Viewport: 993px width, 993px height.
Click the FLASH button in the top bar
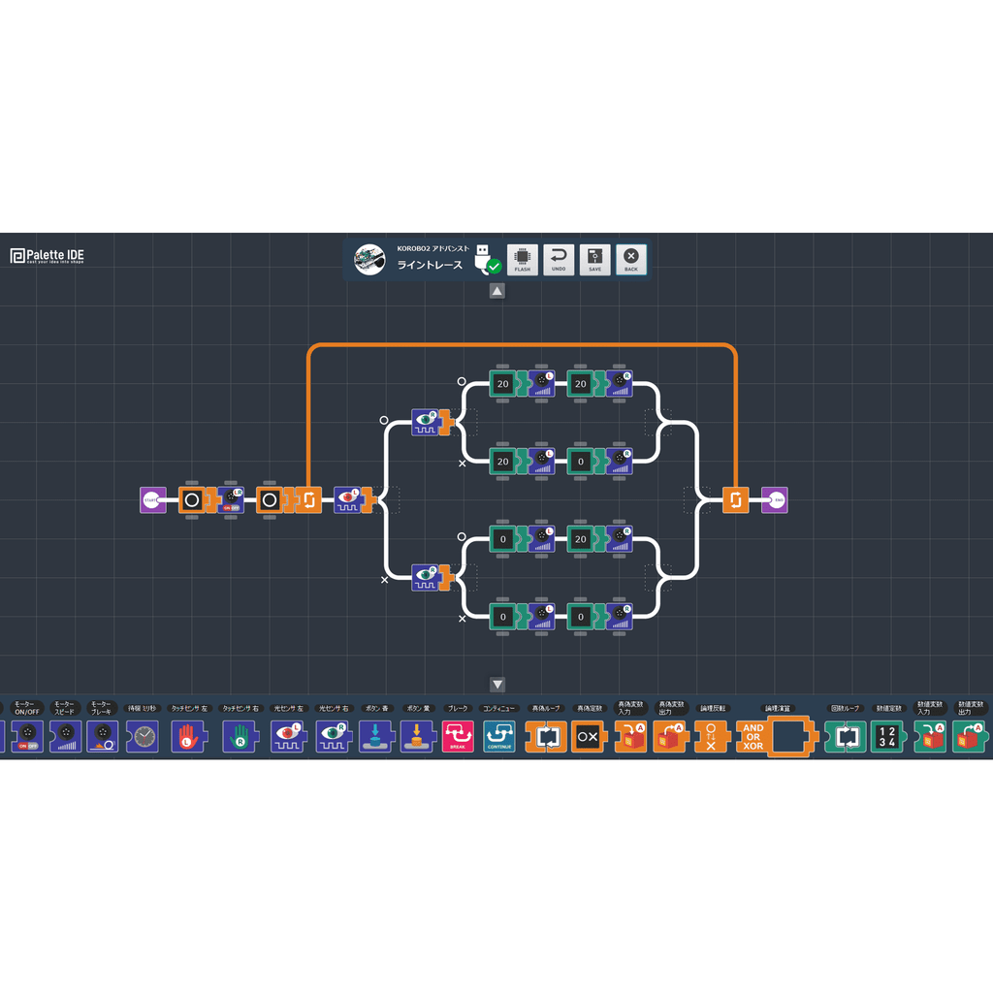(x=523, y=259)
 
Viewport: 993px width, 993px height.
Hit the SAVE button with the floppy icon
(x=594, y=259)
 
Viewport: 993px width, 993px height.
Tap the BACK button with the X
(x=631, y=259)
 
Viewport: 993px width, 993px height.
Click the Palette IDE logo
(x=48, y=256)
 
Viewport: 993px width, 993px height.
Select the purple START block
(x=152, y=500)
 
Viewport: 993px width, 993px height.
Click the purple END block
(x=775, y=500)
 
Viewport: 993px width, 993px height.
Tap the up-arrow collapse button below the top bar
(x=496, y=291)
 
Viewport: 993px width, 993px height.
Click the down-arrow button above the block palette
(x=497, y=685)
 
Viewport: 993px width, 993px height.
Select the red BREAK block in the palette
(x=458, y=737)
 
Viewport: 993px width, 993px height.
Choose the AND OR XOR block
(x=753, y=737)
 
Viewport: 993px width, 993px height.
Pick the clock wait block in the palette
(x=144, y=737)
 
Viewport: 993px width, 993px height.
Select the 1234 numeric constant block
(x=886, y=737)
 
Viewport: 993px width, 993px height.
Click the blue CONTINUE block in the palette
(x=500, y=737)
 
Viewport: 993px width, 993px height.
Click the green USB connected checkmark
(x=494, y=266)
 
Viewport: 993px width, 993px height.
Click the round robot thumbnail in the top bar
(x=368, y=259)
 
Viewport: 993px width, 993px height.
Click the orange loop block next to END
(x=735, y=500)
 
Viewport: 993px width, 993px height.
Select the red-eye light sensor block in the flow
(x=348, y=500)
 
